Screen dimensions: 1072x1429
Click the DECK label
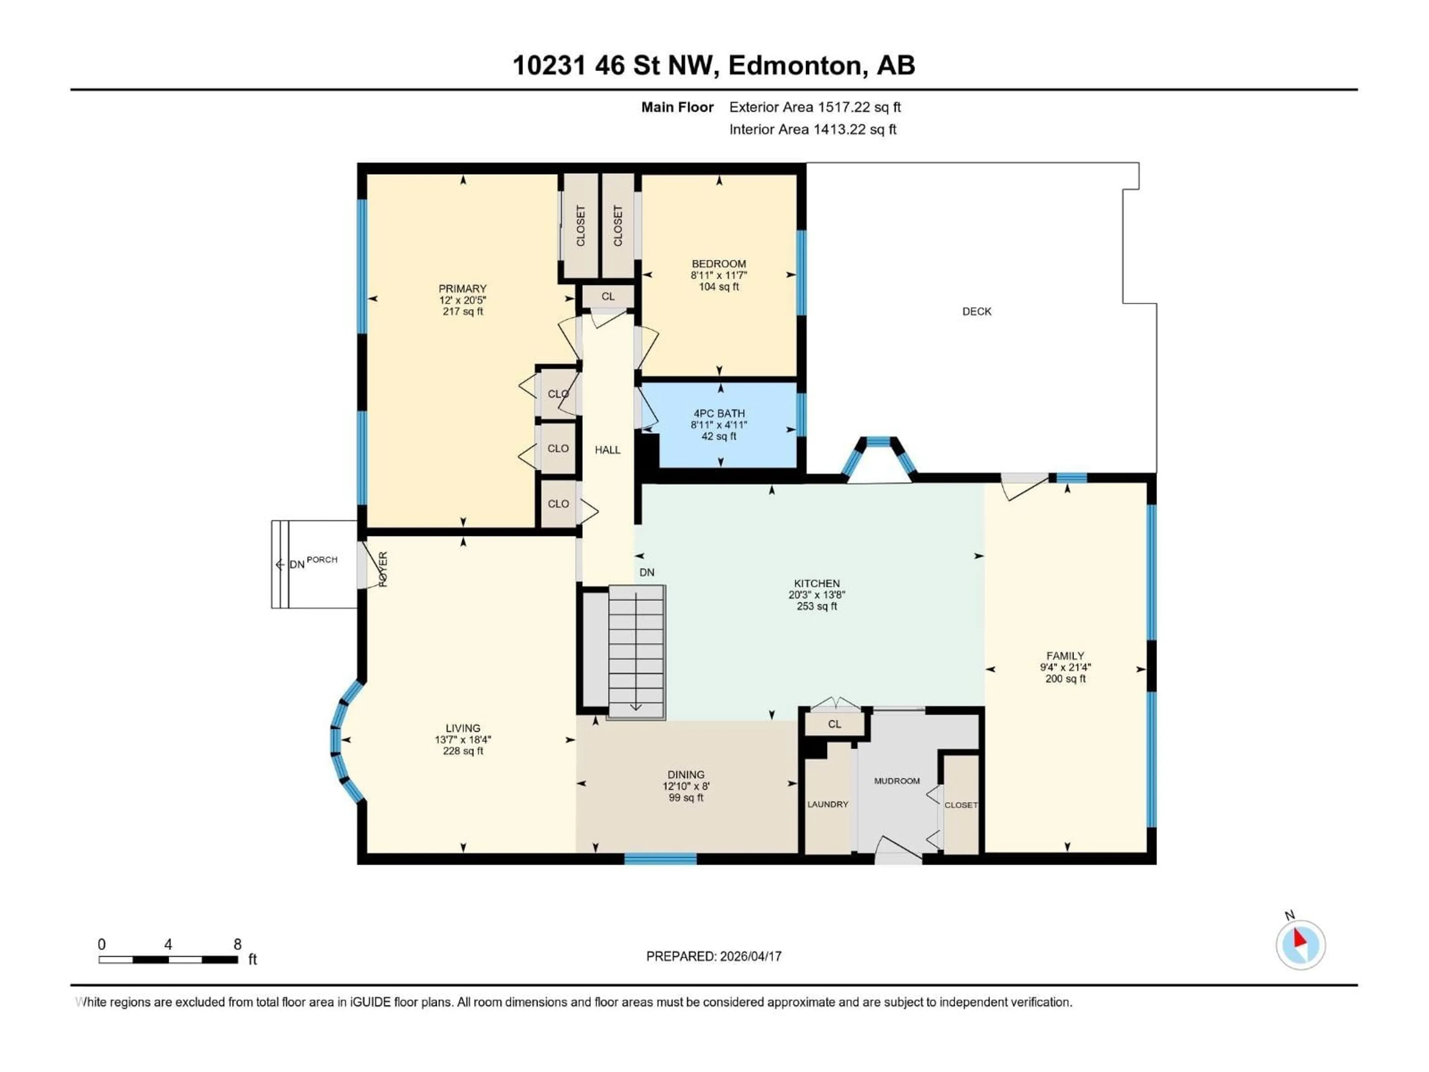tap(976, 312)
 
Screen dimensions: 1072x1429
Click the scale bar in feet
tap(168, 960)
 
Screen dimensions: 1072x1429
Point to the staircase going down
tap(636, 652)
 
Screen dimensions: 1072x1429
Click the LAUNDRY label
tap(828, 804)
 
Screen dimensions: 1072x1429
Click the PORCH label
tap(322, 559)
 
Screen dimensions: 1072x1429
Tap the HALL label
tap(607, 450)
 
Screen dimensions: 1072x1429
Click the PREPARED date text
tap(714, 956)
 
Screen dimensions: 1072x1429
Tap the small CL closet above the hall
tap(608, 297)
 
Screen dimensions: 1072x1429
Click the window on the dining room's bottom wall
tap(660, 859)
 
